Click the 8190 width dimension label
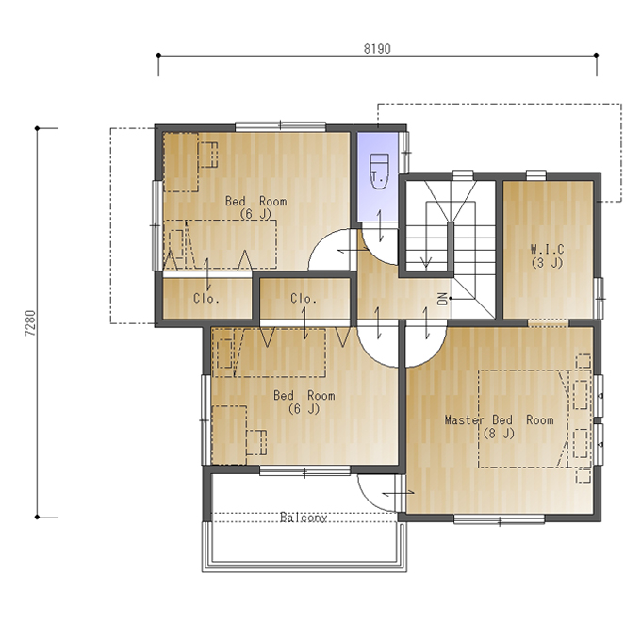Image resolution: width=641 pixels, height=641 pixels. pos(377,49)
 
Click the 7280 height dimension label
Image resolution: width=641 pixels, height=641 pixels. pos(31,323)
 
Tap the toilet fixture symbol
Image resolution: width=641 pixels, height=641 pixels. pos(378,172)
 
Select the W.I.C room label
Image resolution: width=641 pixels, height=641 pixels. pos(547,255)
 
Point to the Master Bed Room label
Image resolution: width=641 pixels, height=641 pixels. pos(500,426)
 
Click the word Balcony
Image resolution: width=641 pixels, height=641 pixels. pos(304,518)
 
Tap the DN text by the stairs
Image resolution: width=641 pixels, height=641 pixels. pos(442,299)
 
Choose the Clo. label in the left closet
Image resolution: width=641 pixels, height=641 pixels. pos(206,299)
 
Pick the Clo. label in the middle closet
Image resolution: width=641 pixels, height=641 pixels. pos(304,299)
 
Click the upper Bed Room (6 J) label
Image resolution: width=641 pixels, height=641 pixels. pos(255,207)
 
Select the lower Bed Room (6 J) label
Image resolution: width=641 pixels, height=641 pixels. pos(304,402)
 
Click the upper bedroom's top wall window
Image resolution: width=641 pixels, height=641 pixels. pos(281,126)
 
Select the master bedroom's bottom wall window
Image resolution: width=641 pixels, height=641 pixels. pos(500,519)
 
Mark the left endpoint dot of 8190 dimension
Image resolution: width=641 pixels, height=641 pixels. pos(158,55)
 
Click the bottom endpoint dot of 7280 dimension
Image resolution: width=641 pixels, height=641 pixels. pos(37,518)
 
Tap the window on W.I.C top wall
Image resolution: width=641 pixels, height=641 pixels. pos(536,175)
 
